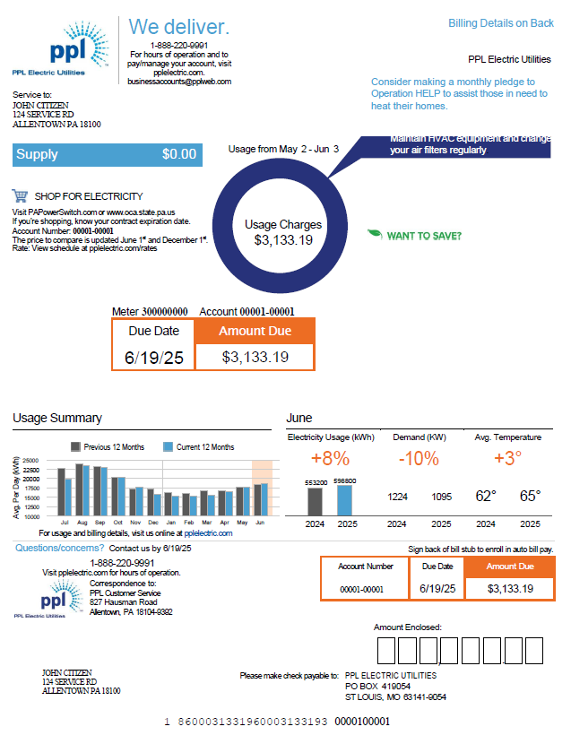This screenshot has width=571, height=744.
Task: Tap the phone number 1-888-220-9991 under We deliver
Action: pos(179,45)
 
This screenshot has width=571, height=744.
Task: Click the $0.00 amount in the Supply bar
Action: pos(178,154)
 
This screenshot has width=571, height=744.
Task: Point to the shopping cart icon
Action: pos(20,195)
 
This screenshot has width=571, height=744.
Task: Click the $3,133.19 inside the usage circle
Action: pos(283,240)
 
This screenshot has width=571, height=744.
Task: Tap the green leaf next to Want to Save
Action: pos(375,235)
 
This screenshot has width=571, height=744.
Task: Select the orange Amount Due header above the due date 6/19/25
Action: pos(255,331)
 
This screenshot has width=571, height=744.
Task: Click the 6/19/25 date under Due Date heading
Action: pos(154,357)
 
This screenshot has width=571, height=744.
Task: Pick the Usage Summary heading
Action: pos(57,418)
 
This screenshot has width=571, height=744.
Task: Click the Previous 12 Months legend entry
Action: pos(107,446)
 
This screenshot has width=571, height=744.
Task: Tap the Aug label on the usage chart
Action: pos(82,522)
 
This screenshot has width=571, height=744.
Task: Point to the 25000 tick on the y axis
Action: pos(30,461)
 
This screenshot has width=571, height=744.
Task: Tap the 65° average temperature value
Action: pos(531,496)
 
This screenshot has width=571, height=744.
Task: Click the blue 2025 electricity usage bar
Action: pos(345,499)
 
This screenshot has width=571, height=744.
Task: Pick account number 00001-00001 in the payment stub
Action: pos(362,589)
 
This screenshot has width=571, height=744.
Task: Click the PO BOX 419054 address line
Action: pos(377,686)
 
